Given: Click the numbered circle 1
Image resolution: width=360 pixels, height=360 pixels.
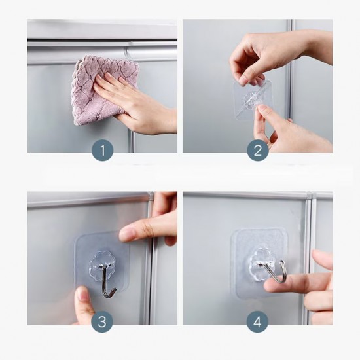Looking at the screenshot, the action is pyautogui.click(x=102, y=151).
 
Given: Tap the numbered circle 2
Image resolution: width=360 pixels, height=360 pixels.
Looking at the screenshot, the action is pyautogui.click(x=258, y=151).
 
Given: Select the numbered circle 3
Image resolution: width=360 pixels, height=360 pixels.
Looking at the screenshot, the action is pyautogui.click(x=102, y=321).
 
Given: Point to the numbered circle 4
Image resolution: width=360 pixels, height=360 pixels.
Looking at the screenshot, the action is pyautogui.click(x=257, y=321).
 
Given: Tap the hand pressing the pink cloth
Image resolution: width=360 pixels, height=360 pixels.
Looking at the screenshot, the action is pyautogui.click(x=135, y=103).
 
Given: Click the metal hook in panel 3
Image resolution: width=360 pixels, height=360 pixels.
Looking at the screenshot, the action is pyautogui.click(x=107, y=281).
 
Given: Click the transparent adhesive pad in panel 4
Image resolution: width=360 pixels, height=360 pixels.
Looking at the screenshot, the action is pyautogui.click(x=259, y=263).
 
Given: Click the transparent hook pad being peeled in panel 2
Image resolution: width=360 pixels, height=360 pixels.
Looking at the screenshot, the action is pyautogui.click(x=253, y=100).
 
